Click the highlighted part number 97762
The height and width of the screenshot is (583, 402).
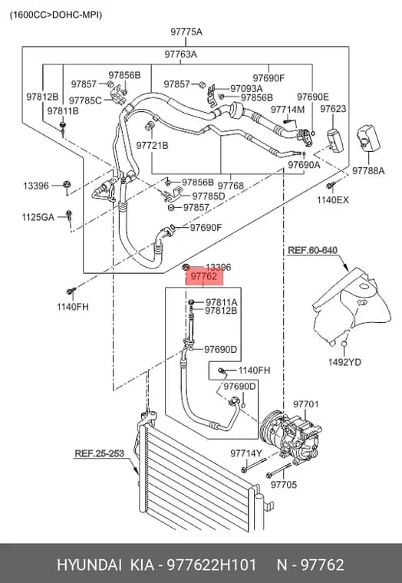tap(204, 277)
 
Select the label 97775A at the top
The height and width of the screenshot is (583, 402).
tap(186, 32)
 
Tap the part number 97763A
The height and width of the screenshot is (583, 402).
tap(181, 54)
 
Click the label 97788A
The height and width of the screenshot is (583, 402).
tap(368, 171)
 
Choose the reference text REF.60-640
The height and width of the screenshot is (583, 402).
tap(313, 250)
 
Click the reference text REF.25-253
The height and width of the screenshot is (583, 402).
tap(99, 453)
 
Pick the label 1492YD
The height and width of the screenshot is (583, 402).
tap(344, 362)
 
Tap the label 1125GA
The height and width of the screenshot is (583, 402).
tap(38, 217)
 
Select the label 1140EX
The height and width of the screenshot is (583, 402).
tap(333, 200)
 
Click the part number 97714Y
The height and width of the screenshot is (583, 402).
tap(246, 453)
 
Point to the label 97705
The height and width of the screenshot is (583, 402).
tap(284, 485)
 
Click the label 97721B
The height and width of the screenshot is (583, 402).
tap(152, 146)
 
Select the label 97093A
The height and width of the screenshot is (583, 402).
tap(246, 88)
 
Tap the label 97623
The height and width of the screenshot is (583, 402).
tap(333, 109)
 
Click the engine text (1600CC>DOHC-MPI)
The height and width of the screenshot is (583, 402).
tap(56, 15)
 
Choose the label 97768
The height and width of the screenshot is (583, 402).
tap(231, 186)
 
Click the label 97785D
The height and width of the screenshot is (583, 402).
tap(209, 196)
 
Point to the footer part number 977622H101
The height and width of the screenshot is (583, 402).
tap(212, 565)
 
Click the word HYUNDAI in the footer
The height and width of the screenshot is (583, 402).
tap(89, 565)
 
